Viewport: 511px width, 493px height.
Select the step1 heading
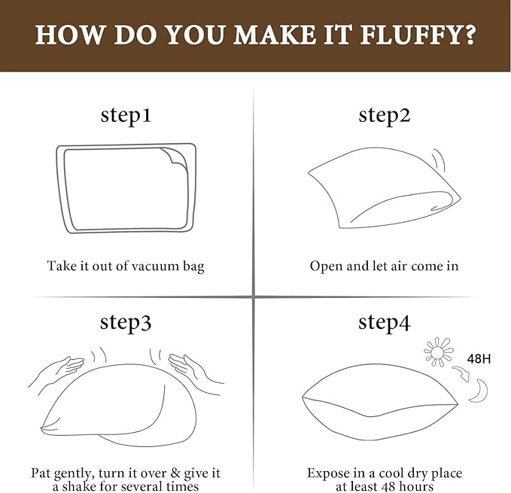click(x=126, y=115)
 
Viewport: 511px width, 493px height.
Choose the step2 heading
click(x=385, y=115)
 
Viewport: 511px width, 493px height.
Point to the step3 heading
click(x=126, y=322)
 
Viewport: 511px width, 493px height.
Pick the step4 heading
click(x=385, y=322)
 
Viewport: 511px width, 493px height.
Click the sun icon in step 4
click(x=438, y=352)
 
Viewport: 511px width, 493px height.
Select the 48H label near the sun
click(x=479, y=359)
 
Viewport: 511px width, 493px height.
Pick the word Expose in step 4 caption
click(x=327, y=473)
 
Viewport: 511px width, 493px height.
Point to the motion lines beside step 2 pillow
click(x=438, y=159)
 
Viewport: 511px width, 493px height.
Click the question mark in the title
click(x=467, y=35)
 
